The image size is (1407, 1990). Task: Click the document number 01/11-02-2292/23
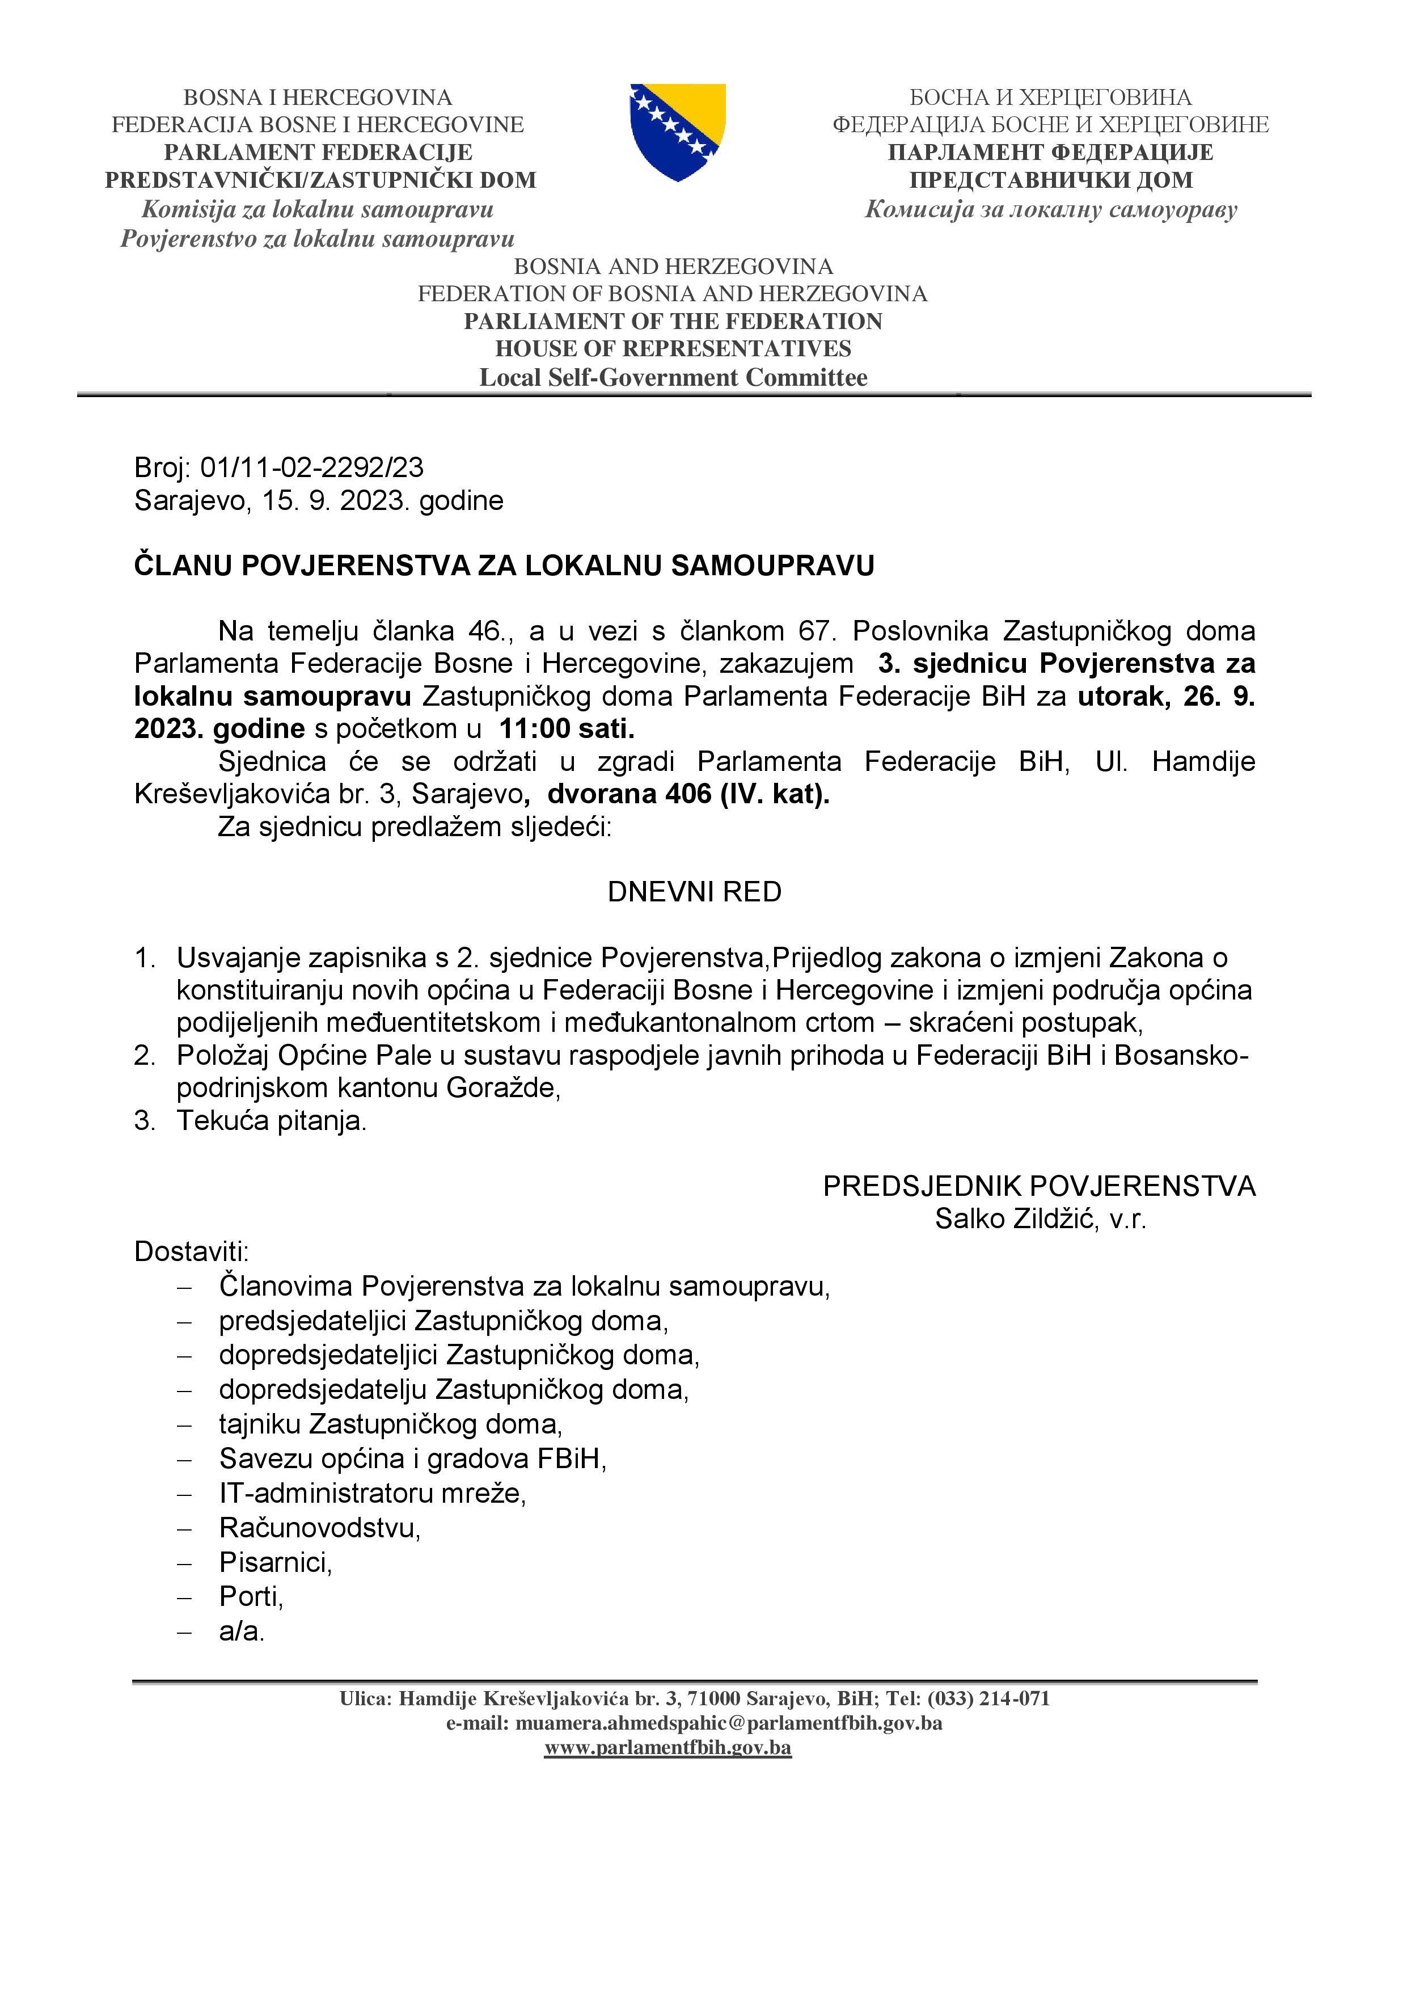312,468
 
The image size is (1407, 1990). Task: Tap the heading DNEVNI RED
694,892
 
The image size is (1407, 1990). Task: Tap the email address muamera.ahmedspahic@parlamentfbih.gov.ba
729,1723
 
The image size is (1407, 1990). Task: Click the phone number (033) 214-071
988,1699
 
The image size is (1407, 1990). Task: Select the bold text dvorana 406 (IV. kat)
688,794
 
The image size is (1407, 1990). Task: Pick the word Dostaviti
192,1251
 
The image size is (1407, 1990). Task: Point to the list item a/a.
242,1631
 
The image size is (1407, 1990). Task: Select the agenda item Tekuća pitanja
271,1121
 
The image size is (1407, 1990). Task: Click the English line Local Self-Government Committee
673,378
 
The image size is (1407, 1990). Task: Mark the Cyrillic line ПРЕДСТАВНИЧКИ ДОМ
1050,180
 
